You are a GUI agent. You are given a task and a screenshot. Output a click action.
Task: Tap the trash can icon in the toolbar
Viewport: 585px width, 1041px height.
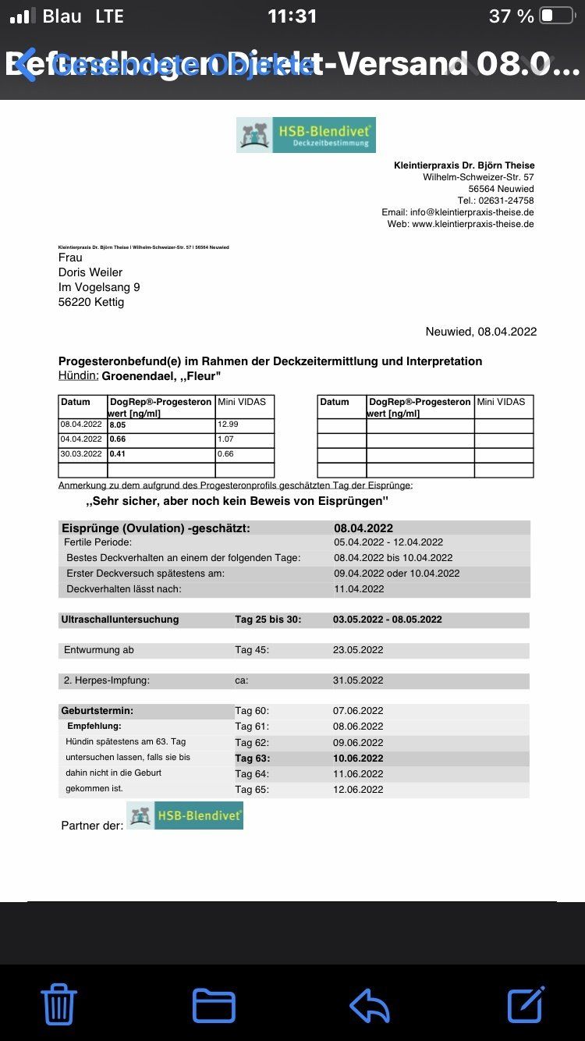coord(58,1004)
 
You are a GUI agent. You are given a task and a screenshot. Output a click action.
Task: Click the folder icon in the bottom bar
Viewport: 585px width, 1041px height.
coord(214,1005)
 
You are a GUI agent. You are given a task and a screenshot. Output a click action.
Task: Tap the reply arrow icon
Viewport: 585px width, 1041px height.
coord(370,1005)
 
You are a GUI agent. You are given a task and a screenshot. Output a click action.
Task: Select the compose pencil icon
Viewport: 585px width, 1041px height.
coord(526,1004)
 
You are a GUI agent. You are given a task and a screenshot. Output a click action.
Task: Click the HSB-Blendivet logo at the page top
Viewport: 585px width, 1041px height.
coord(306,135)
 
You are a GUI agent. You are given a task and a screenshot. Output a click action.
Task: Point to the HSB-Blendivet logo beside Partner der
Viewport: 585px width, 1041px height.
coord(185,815)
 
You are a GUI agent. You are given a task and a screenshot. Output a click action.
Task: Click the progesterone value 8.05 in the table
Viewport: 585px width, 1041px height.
coord(118,425)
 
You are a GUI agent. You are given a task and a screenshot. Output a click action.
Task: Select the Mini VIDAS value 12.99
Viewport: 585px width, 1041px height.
coord(229,425)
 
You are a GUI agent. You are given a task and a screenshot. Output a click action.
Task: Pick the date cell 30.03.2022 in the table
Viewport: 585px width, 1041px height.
coord(82,454)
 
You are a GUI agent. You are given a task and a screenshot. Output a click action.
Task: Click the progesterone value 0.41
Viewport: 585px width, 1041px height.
coord(118,454)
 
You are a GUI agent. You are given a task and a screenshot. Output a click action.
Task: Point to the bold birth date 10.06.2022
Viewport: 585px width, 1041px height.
coord(358,758)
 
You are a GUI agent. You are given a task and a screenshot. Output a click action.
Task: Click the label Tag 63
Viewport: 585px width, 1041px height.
coord(252,758)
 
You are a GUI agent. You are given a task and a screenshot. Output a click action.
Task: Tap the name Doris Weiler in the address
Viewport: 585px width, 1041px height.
coord(90,272)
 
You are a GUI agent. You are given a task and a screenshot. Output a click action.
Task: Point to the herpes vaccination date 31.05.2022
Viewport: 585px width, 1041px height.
coord(358,680)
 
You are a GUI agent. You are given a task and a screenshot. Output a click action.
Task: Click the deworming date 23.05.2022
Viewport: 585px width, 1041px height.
coord(358,650)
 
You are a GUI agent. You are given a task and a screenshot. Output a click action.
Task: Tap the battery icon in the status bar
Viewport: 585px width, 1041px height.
coord(557,16)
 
